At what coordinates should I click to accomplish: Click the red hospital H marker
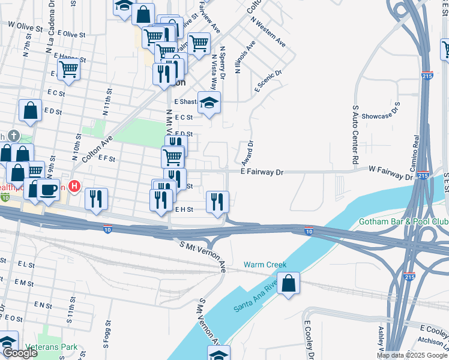[x=74, y=187]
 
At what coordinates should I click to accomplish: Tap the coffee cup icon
[x=48, y=191]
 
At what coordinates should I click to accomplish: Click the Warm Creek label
[x=265, y=265]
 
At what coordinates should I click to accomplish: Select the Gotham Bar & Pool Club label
[x=403, y=221]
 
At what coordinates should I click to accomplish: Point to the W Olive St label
[x=25, y=27]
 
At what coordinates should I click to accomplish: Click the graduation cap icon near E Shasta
[x=209, y=103]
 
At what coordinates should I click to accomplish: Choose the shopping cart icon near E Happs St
[x=69, y=70]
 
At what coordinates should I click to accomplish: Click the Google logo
[x=20, y=353]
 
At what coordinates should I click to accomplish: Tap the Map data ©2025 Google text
[x=411, y=355]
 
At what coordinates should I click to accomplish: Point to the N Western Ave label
[x=268, y=34]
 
